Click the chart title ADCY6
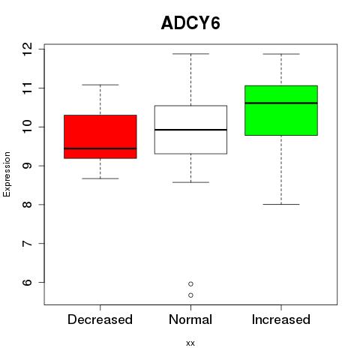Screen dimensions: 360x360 (x=190, y=23)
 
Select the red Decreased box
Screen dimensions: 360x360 (x=100, y=136)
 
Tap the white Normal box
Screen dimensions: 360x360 (x=190, y=130)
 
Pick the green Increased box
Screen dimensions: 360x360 (x=281, y=110)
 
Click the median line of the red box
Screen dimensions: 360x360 (x=100, y=148)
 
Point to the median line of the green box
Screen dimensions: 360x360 (x=281, y=103)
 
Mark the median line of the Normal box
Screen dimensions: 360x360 (x=190, y=130)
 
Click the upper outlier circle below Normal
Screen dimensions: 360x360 (x=190, y=284)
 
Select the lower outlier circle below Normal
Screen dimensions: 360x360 (x=190, y=295)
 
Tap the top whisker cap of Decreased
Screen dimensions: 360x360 (x=100, y=85)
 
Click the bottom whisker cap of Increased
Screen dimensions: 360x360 (x=281, y=204)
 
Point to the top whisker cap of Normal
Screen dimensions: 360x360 (x=190, y=54)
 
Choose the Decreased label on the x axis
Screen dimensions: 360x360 (x=100, y=319)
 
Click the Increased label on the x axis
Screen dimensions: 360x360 (x=281, y=319)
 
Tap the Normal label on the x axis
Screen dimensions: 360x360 (x=190, y=319)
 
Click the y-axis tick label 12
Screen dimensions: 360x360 (x=28, y=49)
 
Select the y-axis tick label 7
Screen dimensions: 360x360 (x=28, y=244)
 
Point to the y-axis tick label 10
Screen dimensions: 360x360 (x=28, y=127)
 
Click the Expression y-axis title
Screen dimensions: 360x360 (x=7, y=174)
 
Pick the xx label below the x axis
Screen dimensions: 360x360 (x=190, y=343)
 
